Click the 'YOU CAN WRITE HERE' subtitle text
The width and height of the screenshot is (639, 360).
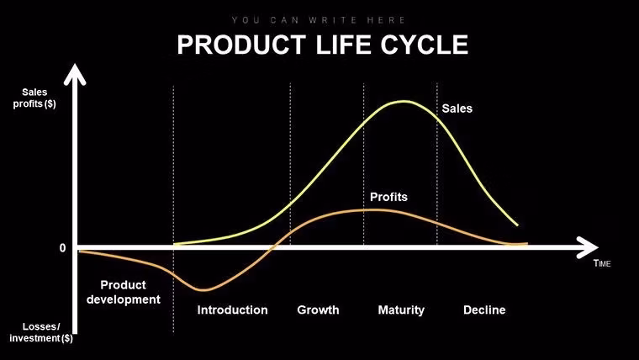(319, 19)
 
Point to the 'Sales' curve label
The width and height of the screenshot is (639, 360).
(457, 109)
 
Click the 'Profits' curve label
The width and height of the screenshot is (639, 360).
(388, 197)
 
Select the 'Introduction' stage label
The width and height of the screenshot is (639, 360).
(232, 310)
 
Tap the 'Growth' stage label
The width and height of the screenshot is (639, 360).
(318, 310)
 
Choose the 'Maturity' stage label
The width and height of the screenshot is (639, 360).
(401, 310)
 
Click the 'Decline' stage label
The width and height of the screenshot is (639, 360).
(484, 310)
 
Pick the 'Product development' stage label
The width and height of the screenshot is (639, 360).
(124, 292)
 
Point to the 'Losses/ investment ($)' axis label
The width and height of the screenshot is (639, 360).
(40, 332)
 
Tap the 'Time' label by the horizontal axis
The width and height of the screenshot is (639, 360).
(602, 264)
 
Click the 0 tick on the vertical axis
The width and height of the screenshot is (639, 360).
(62, 248)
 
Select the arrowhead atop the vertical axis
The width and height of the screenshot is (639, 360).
(77, 76)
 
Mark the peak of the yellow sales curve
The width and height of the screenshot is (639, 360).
(404, 102)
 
